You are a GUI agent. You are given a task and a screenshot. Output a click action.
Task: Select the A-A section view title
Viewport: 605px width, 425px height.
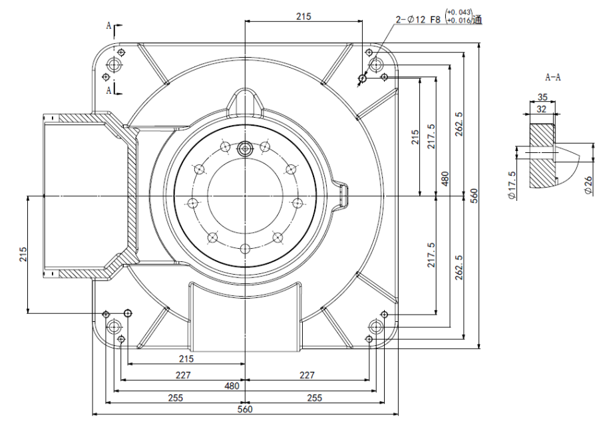coord(552,77)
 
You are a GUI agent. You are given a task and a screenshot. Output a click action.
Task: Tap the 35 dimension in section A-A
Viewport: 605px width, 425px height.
coord(542,97)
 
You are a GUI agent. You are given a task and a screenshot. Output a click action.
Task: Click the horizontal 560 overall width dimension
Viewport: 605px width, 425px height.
coord(245,410)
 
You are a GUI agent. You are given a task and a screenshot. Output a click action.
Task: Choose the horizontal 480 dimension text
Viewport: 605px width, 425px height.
coord(231,386)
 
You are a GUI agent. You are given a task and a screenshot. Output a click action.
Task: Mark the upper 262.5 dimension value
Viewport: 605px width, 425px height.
coord(459,124)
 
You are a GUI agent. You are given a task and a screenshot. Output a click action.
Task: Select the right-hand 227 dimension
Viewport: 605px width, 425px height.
coord(307,375)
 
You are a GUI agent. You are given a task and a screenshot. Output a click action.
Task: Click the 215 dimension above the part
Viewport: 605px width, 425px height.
coord(303,17)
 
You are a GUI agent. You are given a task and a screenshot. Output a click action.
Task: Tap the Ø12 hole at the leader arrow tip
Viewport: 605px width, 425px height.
coord(362,78)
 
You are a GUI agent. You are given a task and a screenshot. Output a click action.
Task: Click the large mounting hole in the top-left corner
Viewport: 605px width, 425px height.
coord(114,65)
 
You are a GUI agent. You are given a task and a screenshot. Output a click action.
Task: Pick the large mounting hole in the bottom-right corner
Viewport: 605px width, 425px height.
coord(376,326)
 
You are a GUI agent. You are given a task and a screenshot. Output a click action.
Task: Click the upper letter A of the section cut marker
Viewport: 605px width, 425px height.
coord(108,25)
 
